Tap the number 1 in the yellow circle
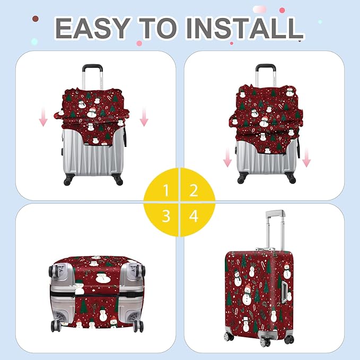click(166, 190)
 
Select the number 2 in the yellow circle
click(194, 190)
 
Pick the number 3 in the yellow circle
click(166, 216)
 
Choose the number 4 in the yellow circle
click(194, 216)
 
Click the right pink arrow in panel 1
click(144, 117)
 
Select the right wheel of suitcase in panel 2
click(291, 179)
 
